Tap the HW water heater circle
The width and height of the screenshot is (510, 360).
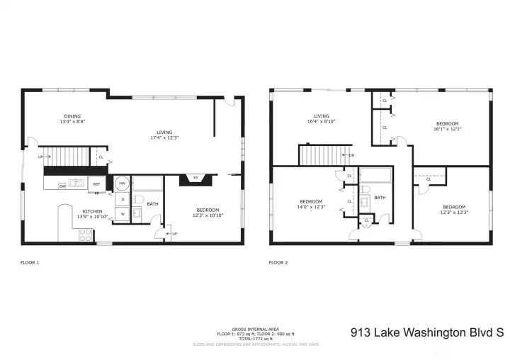pyautogui.click(x=122, y=183)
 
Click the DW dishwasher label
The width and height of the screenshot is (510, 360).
pyautogui.click(x=62, y=186)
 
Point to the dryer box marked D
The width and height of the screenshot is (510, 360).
pyautogui.click(x=122, y=199)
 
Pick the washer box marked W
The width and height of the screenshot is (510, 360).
pyautogui.click(x=122, y=214)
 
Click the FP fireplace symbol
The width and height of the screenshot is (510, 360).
pyautogui.click(x=195, y=179)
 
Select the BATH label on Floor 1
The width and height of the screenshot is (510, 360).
pyautogui.click(x=152, y=204)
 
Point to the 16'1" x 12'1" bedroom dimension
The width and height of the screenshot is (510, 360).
pyautogui.click(x=447, y=129)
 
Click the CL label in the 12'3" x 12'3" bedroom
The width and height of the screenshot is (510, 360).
pyautogui.click(x=429, y=179)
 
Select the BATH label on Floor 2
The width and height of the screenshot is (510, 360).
pyautogui.click(x=380, y=198)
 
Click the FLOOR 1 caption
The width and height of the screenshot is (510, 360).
pyautogui.click(x=30, y=262)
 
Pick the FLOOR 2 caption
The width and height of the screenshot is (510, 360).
pyautogui.click(x=278, y=262)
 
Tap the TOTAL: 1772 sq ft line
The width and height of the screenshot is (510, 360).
pyautogui.click(x=254, y=338)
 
